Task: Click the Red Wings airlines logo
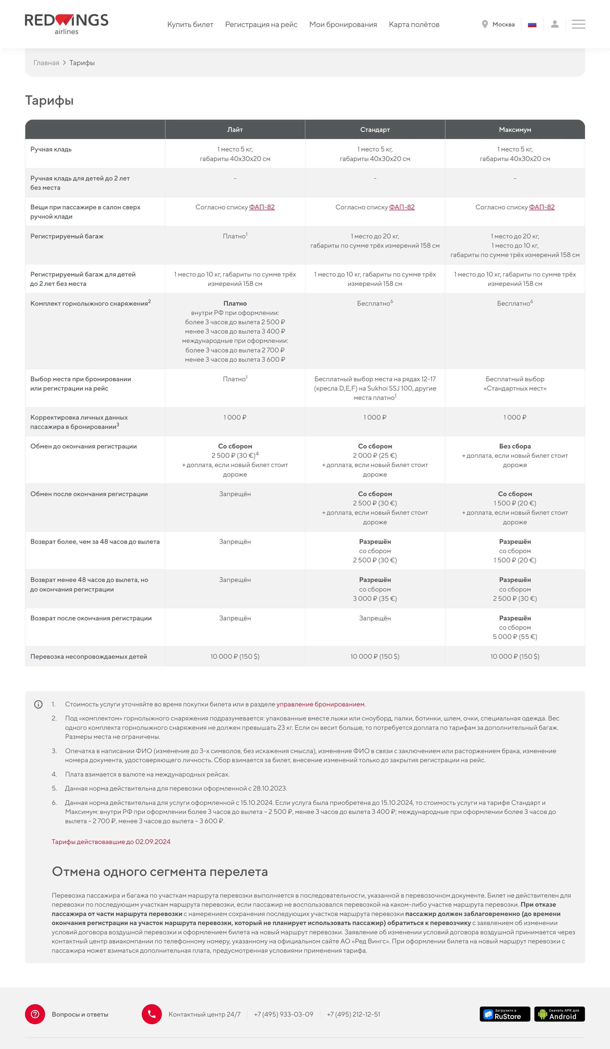click(66, 24)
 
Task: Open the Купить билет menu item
click(190, 25)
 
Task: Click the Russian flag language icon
click(532, 25)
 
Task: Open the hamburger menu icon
click(578, 24)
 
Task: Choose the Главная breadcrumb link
click(46, 63)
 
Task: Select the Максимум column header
click(515, 129)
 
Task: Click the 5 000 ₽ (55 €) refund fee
click(515, 637)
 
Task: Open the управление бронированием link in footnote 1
click(320, 704)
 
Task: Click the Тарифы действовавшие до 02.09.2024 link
click(111, 842)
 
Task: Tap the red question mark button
click(35, 1014)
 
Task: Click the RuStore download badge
click(505, 1014)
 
